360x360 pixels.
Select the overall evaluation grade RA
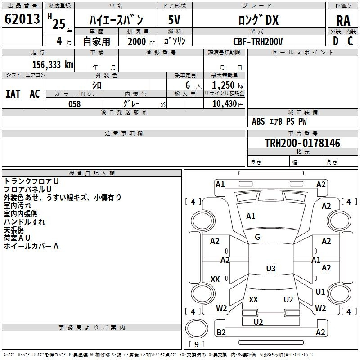343,20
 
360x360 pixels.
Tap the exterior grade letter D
335,40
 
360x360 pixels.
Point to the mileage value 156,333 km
53,64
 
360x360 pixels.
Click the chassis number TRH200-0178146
302,143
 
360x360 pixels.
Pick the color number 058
74,104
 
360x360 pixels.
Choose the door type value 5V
174,20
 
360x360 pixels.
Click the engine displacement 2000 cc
140,41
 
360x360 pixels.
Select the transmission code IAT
13,94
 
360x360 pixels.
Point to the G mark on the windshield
257,237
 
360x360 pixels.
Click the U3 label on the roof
270,269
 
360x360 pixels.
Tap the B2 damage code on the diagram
221,333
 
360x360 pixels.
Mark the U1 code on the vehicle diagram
320,292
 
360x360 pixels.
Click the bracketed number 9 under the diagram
196,345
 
